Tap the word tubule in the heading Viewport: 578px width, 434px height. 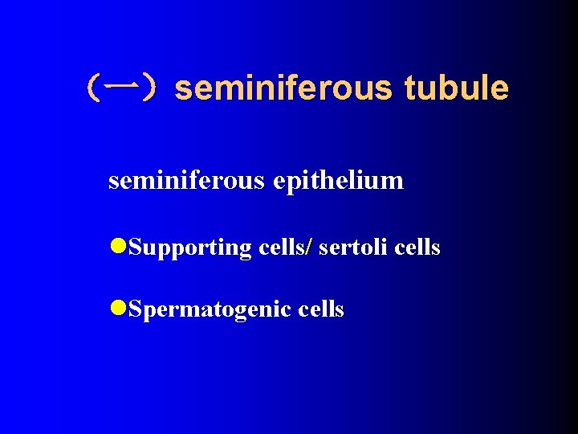[x=456, y=88]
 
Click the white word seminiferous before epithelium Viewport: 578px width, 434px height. [x=185, y=180]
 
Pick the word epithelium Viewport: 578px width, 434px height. [x=338, y=181]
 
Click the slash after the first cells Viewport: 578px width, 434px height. [x=308, y=248]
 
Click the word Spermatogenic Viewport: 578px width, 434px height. [x=209, y=310]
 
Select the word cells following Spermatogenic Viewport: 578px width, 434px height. [x=320, y=309]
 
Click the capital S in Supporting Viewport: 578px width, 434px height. [x=135, y=248]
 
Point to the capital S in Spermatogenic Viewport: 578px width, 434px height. [x=135, y=309]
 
